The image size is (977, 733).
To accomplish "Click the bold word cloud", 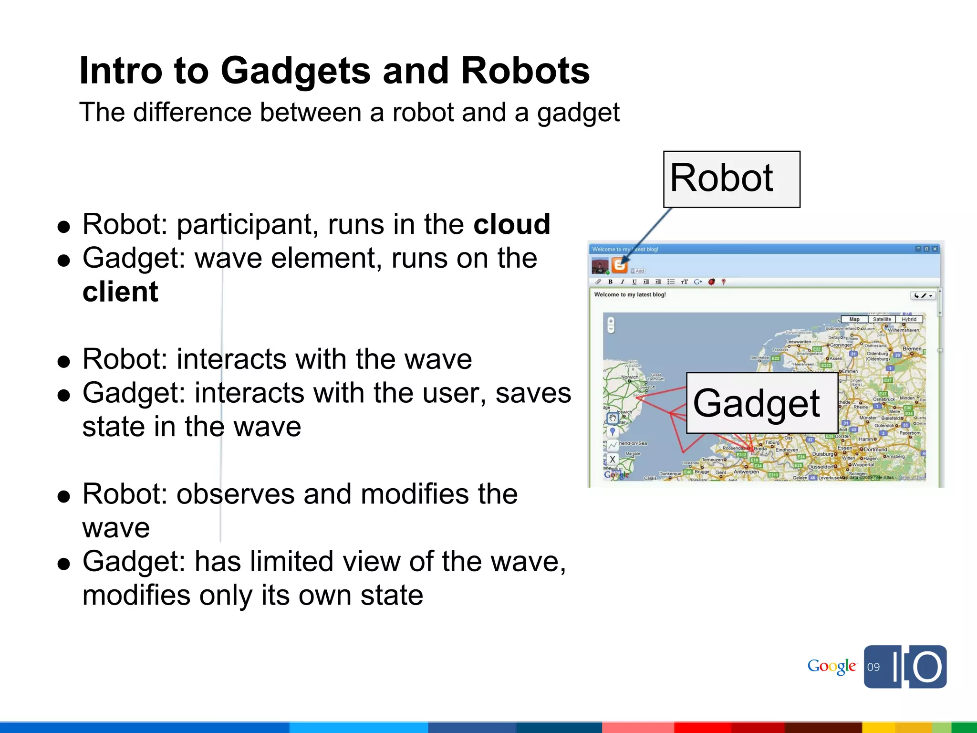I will [511, 224].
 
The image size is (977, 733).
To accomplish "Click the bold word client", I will [120, 292].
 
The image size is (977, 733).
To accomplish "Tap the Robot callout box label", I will [731, 179].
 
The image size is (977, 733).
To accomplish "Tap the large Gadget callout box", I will [761, 403].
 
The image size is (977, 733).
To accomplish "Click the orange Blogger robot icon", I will [619, 264].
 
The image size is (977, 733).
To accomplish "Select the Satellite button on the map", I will [882, 319].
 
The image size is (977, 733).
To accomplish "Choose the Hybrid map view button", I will [909, 319].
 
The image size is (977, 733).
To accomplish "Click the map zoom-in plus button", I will [611, 321].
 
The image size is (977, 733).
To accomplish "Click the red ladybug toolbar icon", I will [711, 282].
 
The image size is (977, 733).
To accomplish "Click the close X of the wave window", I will [935, 249].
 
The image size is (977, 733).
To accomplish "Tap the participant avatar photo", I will [600, 265].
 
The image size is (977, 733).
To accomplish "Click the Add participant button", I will [638, 271].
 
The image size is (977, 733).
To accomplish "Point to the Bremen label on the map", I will [912, 349].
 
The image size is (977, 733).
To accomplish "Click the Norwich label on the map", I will [630, 377].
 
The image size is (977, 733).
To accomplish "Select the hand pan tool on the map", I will [613, 419].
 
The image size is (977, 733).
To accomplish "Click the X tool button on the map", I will [613, 460].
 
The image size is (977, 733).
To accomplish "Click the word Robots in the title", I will [525, 71].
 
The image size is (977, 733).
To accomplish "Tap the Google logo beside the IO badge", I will [831, 666].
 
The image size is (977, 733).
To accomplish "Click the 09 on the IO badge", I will [873, 667].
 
